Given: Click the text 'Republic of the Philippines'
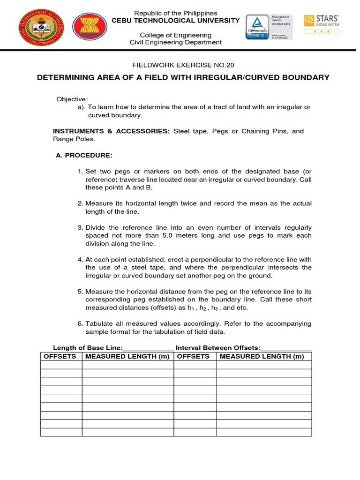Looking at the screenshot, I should pos(176,13).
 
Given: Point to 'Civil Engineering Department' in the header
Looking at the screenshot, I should pos(176,43).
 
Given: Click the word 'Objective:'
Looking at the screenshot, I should pos(72,99).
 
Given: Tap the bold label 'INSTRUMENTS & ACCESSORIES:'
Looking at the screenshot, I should pos(111,131).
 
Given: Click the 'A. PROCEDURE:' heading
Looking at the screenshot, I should pos(84,155).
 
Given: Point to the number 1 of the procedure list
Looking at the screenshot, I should pos(80,172).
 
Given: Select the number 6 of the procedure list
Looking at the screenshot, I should pos(80,324).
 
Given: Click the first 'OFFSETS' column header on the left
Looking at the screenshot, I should pos(60,356).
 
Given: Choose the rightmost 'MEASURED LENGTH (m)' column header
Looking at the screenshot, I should pos(262,356).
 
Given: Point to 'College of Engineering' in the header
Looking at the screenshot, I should pos(176,35).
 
